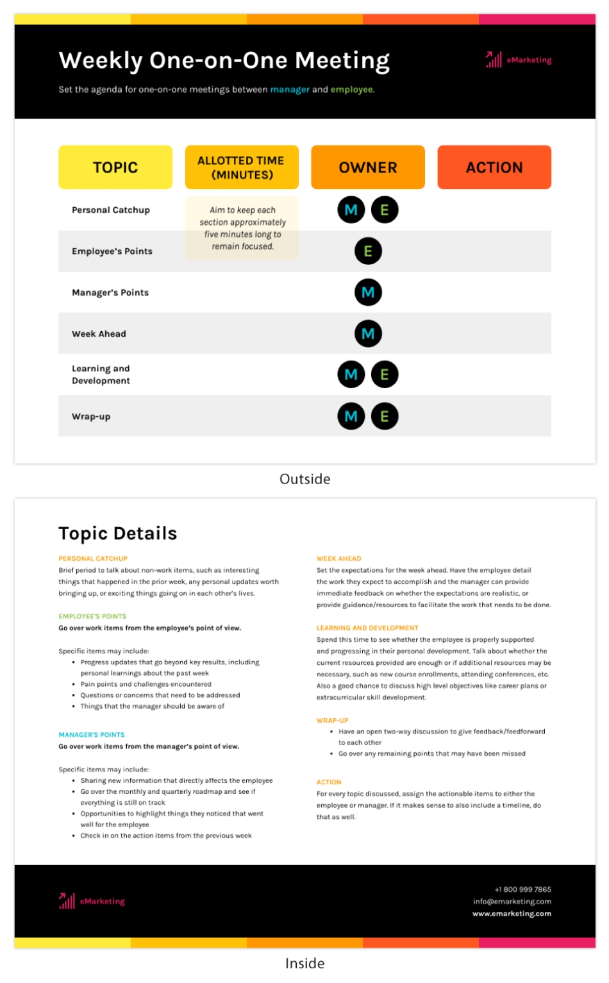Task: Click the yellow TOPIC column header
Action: (x=115, y=167)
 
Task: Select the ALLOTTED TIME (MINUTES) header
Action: (x=242, y=167)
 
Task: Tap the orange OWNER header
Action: (x=368, y=167)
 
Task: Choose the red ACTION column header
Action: (x=494, y=167)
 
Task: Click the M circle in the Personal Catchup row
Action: (x=351, y=210)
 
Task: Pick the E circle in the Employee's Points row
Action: (x=368, y=251)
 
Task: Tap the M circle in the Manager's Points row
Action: (x=368, y=292)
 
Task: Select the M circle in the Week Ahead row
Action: (x=368, y=333)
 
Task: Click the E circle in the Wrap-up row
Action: (x=385, y=416)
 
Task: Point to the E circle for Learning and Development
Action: (x=385, y=374)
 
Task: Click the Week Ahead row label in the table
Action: (x=99, y=334)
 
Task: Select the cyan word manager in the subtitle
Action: (x=290, y=90)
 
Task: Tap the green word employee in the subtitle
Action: (x=352, y=90)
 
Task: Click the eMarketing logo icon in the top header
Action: (x=494, y=60)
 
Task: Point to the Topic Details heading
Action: (x=118, y=534)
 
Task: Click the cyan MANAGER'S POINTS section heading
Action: (x=92, y=735)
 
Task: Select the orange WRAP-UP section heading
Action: (x=333, y=721)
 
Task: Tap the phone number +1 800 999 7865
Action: (x=523, y=889)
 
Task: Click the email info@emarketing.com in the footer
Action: (x=512, y=902)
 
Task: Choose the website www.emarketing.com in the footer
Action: (x=512, y=914)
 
